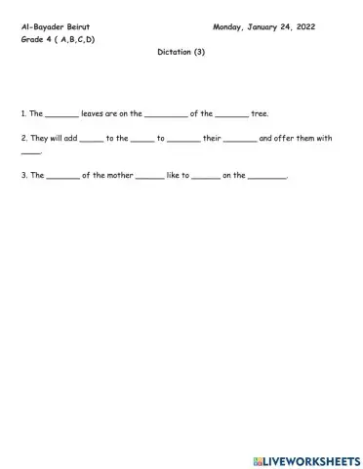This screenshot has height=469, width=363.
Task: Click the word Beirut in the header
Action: tap(76, 27)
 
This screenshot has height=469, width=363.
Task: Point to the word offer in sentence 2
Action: tap(284, 138)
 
